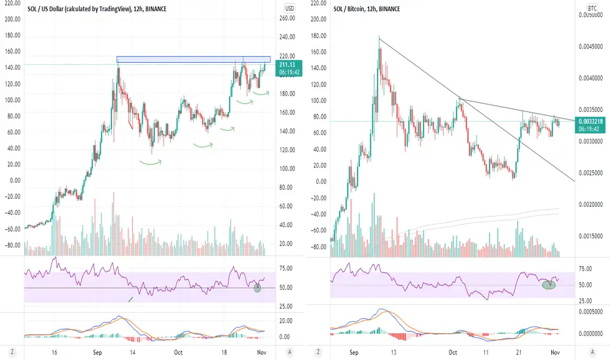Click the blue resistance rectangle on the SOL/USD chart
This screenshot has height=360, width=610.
pyautogui.click(x=192, y=60)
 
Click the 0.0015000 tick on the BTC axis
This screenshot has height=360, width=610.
pyautogui.click(x=591, y=237)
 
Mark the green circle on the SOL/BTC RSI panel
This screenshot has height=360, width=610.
pyautogui.click(x=549, y=283)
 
